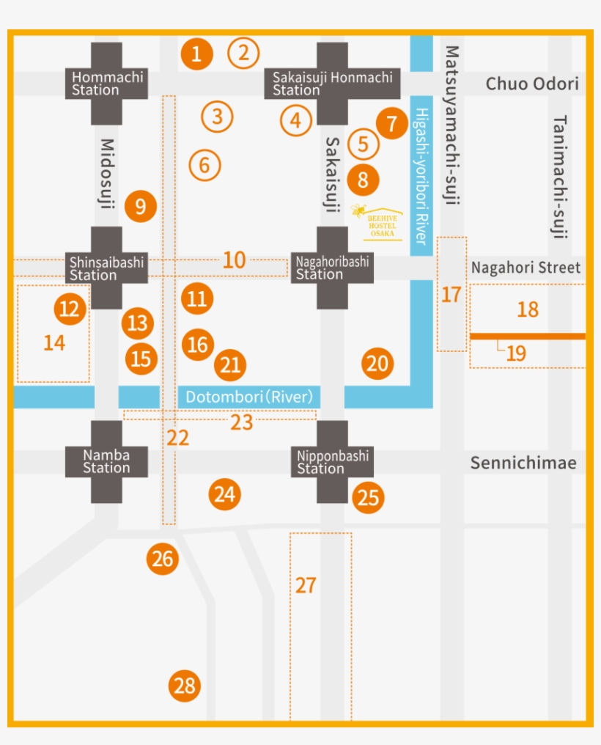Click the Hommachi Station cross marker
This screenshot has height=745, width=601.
coord(107,84)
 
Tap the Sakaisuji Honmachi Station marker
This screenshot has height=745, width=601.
coord(332,84)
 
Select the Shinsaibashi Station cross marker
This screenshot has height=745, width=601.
coord(107,268)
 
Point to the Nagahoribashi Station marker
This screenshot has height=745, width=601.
coord(332,268)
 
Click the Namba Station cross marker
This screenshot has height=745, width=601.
coord(107,461)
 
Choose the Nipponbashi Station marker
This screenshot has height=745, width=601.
coord(332,461)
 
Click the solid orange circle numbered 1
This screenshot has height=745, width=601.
coord(196,53)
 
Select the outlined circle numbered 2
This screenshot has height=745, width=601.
coord(243,52)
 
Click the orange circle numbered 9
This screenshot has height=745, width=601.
coord(140,207)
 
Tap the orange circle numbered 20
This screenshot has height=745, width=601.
coord(377,364)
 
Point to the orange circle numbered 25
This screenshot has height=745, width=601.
coord(368,498)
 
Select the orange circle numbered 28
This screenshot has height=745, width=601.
coord(185,686)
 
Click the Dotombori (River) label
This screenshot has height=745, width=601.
coord(249,397)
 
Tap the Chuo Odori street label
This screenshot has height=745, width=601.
coord(531,84)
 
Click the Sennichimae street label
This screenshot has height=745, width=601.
coord(523,463)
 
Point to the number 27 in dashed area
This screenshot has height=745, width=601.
coord(306,585)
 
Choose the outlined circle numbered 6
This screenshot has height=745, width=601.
coord(204,165)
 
